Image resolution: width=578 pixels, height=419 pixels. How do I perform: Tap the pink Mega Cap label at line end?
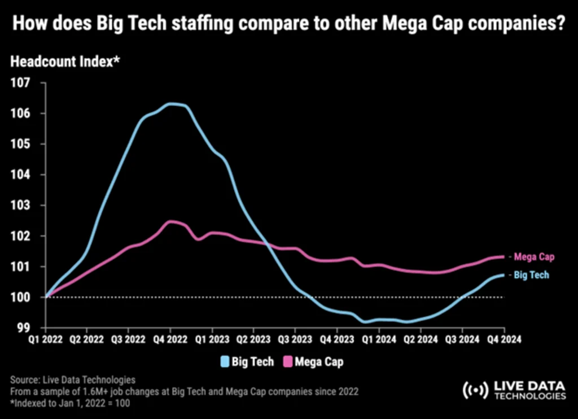[534, 257]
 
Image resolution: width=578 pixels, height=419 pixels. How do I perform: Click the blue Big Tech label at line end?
[531, 275]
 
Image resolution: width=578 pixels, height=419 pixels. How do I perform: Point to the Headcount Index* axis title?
[65, 62]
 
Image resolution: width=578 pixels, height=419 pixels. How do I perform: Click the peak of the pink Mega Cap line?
[170, 221]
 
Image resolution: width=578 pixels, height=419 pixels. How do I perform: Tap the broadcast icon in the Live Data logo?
[475, 390]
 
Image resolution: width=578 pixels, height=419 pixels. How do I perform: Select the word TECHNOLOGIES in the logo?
[529, 396]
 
